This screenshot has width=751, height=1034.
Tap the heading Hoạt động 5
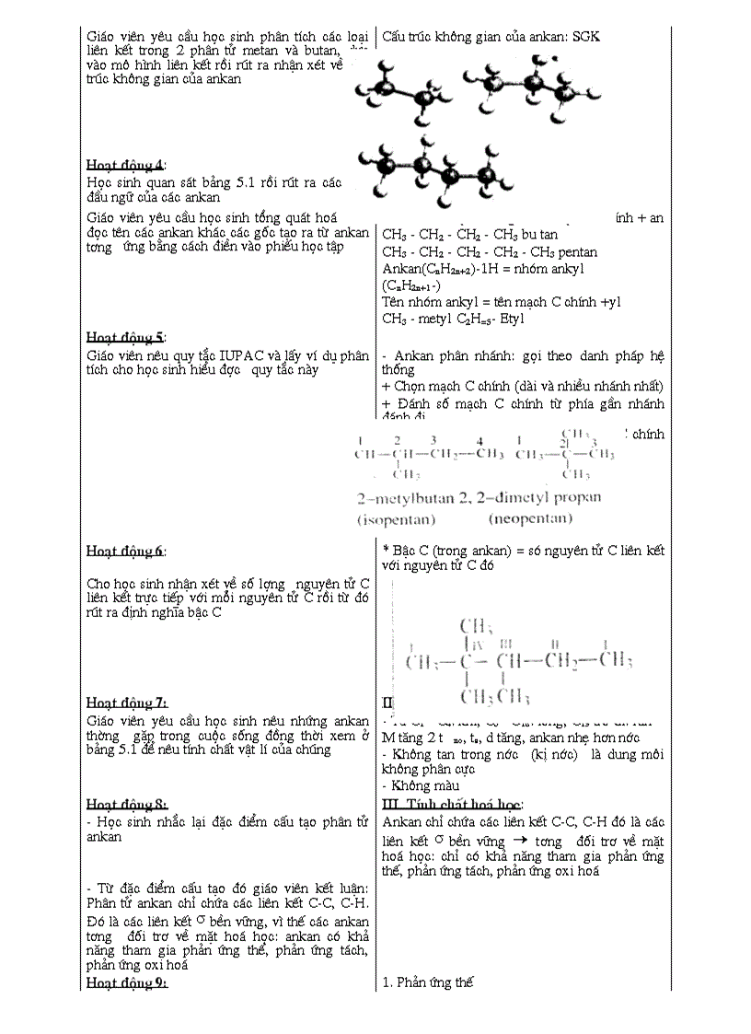coord(126,336)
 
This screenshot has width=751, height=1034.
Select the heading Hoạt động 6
coord(126,552)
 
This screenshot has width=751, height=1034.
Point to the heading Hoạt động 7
coord(126,703)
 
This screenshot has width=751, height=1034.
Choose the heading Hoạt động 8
coord(126,804)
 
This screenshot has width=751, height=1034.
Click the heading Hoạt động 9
coord(126,982)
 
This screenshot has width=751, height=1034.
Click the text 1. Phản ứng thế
coord(427,982)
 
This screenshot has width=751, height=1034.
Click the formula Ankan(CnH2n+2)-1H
coord(445,269)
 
